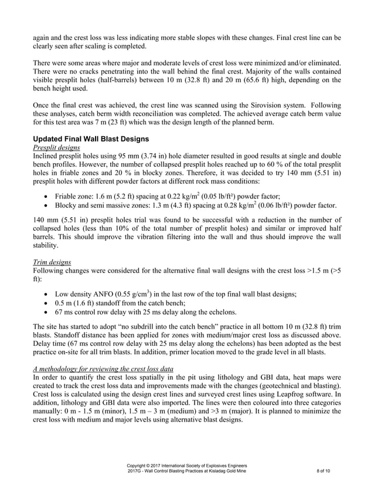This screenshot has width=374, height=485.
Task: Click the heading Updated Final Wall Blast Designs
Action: [x=91, y=139]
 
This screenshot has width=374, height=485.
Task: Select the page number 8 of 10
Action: [x=327, y=471]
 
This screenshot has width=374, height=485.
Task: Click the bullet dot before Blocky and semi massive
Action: [x=46, y=206]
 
